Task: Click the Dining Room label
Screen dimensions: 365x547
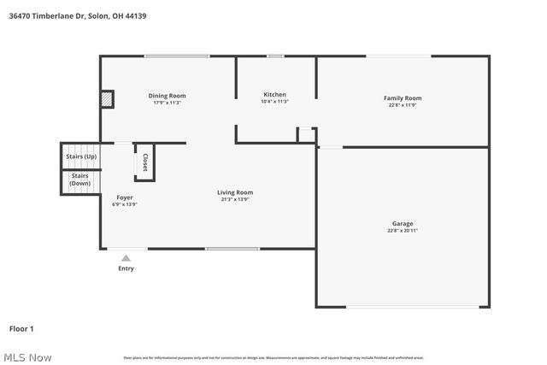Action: (167, 96)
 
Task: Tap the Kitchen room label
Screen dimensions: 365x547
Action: (274, 94)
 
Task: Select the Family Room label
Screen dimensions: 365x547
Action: (402, 98)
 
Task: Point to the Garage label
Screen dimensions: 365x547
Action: (402, 224)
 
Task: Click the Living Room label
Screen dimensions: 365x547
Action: (234, 192)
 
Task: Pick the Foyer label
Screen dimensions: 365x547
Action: (124, 197)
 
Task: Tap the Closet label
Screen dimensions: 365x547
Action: (145, 162)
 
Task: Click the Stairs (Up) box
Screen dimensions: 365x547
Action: (81, 157)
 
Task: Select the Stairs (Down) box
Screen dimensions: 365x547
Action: (80, 180)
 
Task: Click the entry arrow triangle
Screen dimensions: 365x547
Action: (126, 257)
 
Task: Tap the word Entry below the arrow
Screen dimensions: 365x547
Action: (126, 268)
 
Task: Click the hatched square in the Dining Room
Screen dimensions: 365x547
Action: (107, 99)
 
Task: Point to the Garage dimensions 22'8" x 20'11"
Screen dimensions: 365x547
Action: (402, 231)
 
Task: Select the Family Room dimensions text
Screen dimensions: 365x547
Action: (402, 105)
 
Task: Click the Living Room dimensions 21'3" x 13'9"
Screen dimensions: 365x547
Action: (234, 199)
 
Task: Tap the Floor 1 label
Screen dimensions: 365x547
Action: (21, 328)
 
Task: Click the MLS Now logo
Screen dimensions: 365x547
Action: (26, 357)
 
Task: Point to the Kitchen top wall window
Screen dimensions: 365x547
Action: (274, 56)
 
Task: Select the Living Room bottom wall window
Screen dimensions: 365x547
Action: (232, 249)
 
